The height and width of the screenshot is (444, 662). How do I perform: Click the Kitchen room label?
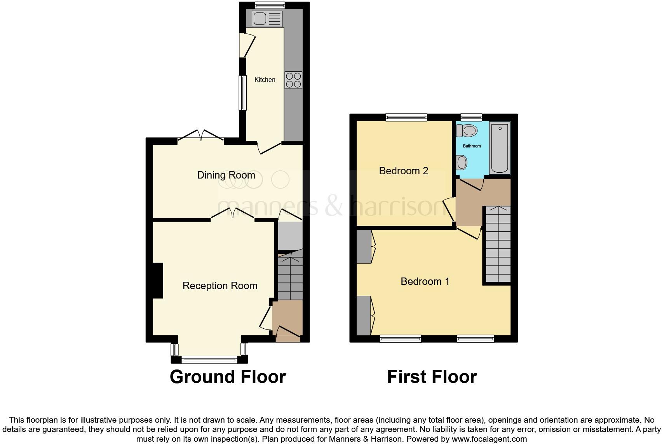pos(265,80)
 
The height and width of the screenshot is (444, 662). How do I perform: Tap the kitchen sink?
pos(267,19)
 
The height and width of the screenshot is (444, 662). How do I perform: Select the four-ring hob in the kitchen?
pos(293,80)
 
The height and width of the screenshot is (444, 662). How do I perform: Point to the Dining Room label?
pos(226,175)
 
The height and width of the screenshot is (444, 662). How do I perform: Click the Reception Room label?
pos(220,286)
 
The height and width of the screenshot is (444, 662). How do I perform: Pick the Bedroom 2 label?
pos(404,171)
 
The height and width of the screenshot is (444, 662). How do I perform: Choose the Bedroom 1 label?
pos(425,281)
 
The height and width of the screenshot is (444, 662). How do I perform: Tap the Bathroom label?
pos(472,146)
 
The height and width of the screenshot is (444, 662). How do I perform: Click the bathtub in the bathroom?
pos(500,147)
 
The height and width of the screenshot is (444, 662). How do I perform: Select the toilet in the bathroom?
pos(467,131)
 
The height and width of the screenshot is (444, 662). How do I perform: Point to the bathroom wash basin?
pos(461,162)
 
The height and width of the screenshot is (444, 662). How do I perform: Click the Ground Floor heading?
pos(228,377)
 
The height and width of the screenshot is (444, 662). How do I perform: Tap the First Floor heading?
pos(432,377)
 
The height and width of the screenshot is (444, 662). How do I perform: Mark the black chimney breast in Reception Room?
pos(158,281)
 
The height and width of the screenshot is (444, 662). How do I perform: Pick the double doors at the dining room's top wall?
pos(201,136)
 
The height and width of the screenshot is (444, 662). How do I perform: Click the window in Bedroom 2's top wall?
pos(406,117)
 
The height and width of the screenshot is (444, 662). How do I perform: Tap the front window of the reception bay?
pos(209,360)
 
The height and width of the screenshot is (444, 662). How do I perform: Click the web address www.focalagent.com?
pos(490,439)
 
